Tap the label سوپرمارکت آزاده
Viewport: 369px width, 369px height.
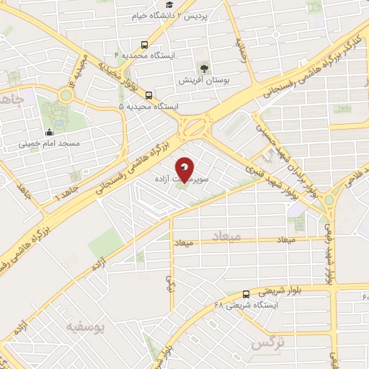[182, 176]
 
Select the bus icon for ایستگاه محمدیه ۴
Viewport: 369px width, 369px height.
[146, 43]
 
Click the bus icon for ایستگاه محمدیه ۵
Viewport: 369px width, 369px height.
[149, 95]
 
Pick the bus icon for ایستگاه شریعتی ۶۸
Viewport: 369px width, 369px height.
[246, 294]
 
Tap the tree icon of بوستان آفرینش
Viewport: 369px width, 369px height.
[204, 68]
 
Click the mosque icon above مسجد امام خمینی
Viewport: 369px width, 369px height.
[49, 132]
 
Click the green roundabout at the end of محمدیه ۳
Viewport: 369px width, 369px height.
[66, 95]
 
